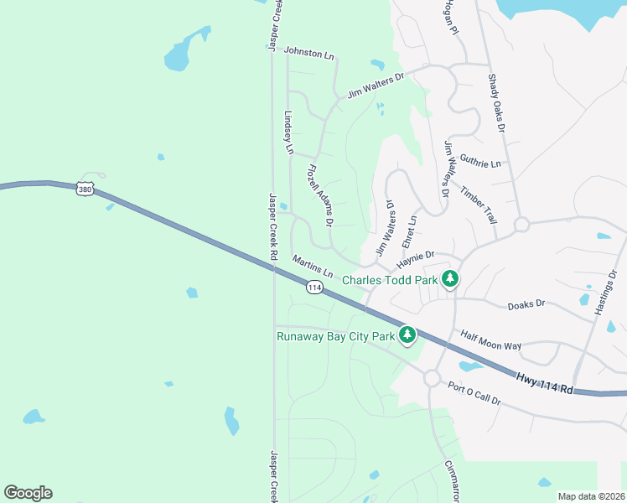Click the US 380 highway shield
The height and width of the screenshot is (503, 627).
point(85,189)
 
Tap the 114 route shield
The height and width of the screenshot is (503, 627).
point(314,288)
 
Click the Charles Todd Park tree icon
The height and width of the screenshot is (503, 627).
point(450,279)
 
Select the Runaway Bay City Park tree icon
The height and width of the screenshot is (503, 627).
point(407,336)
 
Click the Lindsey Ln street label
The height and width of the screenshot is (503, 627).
point(289,132)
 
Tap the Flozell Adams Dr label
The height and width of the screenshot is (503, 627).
point(320,195)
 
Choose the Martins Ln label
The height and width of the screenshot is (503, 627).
point(312,267)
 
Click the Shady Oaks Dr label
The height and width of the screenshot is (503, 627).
point(496,102)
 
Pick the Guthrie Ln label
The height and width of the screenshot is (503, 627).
point(480,160)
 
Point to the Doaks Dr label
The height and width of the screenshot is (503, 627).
point(526,305)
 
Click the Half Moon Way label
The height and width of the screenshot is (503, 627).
point(491,340)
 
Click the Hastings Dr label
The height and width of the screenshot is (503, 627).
point(609,291)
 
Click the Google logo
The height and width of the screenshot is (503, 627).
point(28,493)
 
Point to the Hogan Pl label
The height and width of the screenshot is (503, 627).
point(449,17)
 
